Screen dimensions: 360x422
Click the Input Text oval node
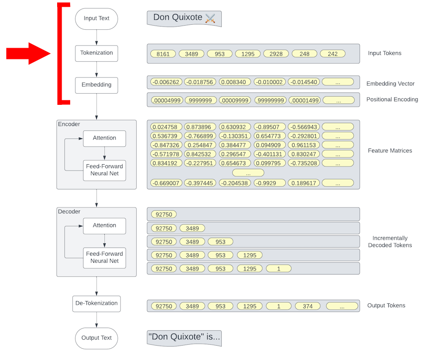[96, 18]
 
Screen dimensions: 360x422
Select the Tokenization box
[96, 53]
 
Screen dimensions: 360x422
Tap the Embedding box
[96, 85]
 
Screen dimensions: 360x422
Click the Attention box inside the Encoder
[104, 138]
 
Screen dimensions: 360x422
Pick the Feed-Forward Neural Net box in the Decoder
[104, 257]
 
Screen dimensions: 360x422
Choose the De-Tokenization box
[96, 303]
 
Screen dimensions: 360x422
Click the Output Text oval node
[96, 338]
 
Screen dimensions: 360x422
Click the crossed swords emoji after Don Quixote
[211, 18]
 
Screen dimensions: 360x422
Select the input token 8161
[163, 54]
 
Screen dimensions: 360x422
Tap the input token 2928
[276, 54]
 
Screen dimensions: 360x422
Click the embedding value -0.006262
[166, 82]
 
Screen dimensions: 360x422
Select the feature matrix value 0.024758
[166, 127]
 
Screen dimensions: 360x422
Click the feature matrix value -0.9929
[269, 183]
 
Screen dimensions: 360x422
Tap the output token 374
[307, 306]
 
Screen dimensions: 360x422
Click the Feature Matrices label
[390, 151]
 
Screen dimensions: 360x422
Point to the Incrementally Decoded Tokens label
[390, 242]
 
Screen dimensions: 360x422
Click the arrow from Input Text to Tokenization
[96, 37]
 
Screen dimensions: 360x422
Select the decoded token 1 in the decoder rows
[278, 269]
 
